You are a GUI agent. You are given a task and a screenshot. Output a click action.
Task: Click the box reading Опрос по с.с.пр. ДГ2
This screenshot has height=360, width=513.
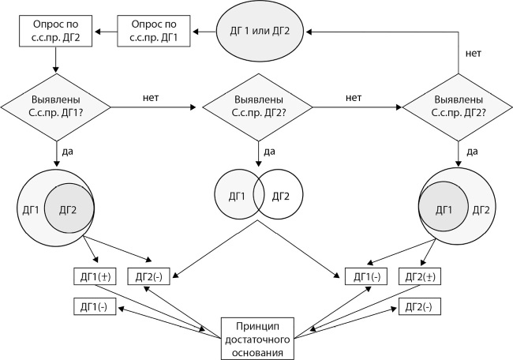[53, 32]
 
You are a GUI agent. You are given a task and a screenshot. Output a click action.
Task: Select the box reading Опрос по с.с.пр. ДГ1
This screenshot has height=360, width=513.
[155, 32]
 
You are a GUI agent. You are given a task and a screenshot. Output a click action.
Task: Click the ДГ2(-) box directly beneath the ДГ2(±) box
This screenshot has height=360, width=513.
[418, 306]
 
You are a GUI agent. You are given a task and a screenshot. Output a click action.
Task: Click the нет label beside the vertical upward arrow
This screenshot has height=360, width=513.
[474, 54]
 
